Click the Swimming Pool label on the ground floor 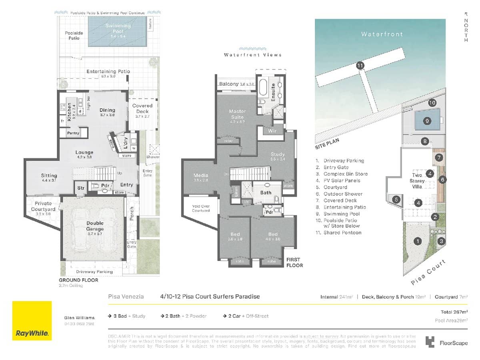click(x=118, y=29)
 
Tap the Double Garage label click(x=95, y=226)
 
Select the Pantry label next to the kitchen click(x=73, y=133)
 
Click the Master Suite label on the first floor click(x=237, y=114)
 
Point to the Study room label click(x=278, y=154)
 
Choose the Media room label click(x=201, y=176)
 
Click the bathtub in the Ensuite click(x=263, y=87)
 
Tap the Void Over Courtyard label click(x=201, y=208)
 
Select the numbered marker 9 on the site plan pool click(x=427, y=120)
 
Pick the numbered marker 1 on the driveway click(x=418, y=241)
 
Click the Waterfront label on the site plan click(x=382, y=34)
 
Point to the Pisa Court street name click(x=428, y=273)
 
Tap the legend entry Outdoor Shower click(x=341, y=194)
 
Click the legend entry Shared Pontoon click(x=342, y=232)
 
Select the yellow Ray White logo click(x=32, y=320)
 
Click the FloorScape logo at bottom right click(x=447, y=342)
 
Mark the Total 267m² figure click(x=454, y=311)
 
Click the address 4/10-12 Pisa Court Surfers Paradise click(x=210, y=296)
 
